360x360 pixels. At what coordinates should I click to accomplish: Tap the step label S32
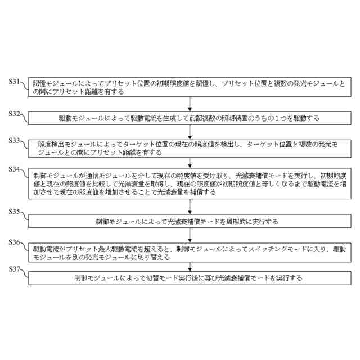pos(13,114)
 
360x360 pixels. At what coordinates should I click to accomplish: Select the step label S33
pos(13,141)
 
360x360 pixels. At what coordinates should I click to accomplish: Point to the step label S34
pos(13,169)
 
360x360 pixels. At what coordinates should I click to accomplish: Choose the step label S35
pos(13,213)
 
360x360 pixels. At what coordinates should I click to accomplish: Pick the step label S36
pos(13,242)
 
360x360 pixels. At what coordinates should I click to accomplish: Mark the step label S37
pos(13,269)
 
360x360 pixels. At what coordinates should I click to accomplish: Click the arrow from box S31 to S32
pos(191,104)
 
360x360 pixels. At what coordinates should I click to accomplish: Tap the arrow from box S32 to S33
pos(191,131)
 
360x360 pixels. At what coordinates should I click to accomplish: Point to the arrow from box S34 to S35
pos(191,206)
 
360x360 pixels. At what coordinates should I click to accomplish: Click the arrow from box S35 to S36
pos(191,235)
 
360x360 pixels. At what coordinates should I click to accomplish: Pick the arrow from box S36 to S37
pos(191,265)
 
